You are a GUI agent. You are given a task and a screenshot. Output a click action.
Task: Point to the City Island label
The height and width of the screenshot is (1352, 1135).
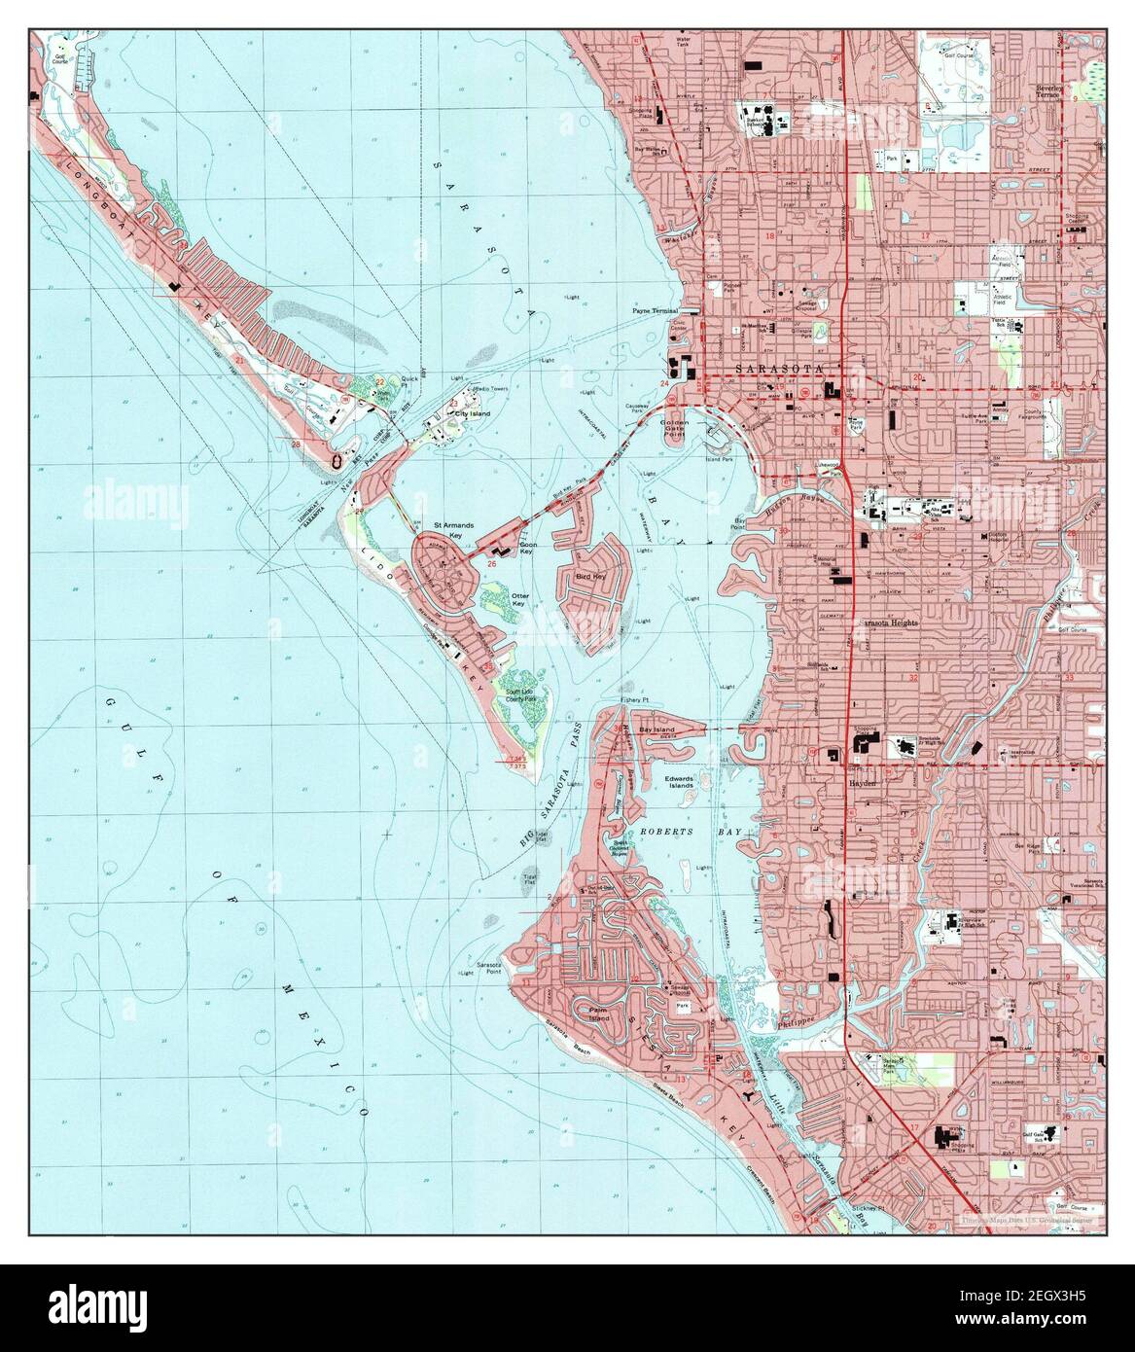474,413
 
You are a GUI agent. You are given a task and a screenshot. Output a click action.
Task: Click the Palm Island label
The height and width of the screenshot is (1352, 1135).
589,1014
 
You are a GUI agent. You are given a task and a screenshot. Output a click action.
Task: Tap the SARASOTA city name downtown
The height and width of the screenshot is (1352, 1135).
778,369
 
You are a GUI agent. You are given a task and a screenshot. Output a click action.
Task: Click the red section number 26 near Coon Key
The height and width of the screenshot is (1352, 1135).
492,563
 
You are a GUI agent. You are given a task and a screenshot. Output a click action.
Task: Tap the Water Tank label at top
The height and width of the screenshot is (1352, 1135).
689,44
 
